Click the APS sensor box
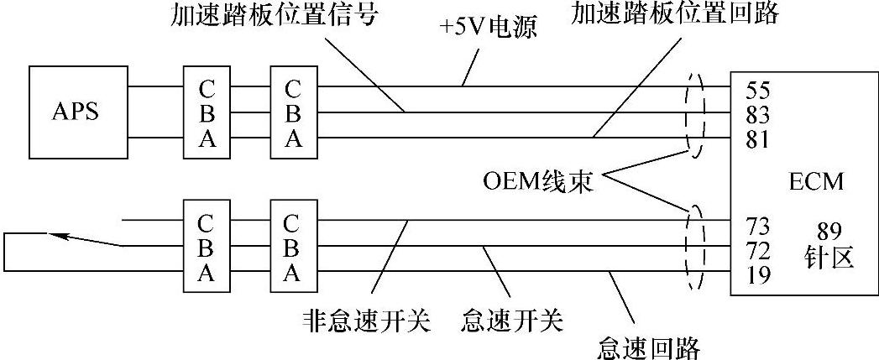[x=75, y=112]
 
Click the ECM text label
[x=815, y=181]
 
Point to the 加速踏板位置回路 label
[x=676, y=13]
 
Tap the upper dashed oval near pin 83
[x=696, y=112]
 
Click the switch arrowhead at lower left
[x=57, y=235]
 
